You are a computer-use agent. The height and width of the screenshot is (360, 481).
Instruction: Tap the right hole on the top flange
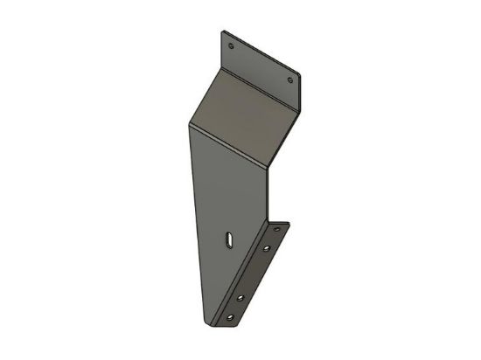291,80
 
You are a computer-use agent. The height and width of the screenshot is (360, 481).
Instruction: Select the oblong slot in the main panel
227,239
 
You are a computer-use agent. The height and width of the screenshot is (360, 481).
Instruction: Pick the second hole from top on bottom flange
266,251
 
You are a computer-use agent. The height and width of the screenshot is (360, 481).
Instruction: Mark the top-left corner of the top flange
220,33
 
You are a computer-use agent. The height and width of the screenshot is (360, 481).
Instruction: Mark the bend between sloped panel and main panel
229,149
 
